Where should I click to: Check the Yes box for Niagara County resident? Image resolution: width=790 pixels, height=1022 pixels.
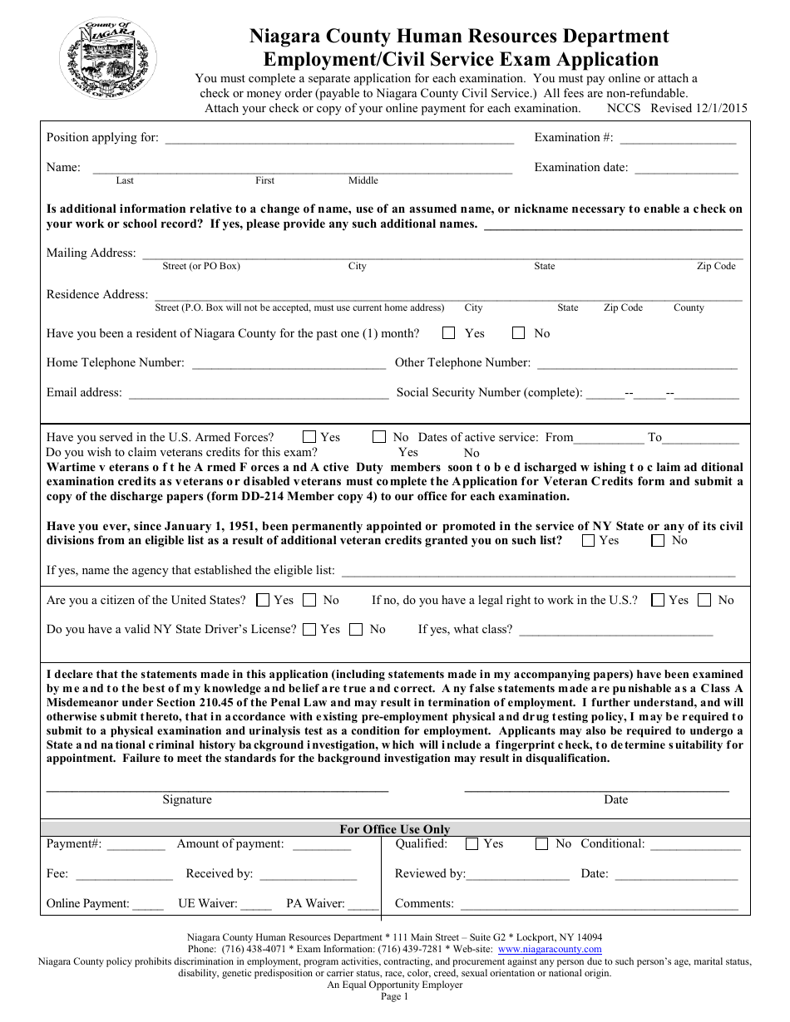coord(449,333)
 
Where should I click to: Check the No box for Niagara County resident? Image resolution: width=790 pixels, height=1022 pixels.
coord(519,333)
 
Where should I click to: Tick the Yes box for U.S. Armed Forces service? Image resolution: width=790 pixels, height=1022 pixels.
coord(309,437)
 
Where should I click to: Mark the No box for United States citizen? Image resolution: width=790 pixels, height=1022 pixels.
coord(309,600)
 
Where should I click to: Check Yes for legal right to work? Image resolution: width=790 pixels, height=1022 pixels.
coord(658,600)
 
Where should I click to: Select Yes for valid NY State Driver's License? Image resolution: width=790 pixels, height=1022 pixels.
coord(309,630)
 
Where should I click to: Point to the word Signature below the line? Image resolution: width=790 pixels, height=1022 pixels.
coord(187,800)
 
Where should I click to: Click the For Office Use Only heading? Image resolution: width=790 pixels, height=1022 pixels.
coord(395,829)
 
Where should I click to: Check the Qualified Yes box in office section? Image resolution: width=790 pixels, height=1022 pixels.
coord(472,844)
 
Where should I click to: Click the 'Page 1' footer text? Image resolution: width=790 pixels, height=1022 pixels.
coord(395,997)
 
